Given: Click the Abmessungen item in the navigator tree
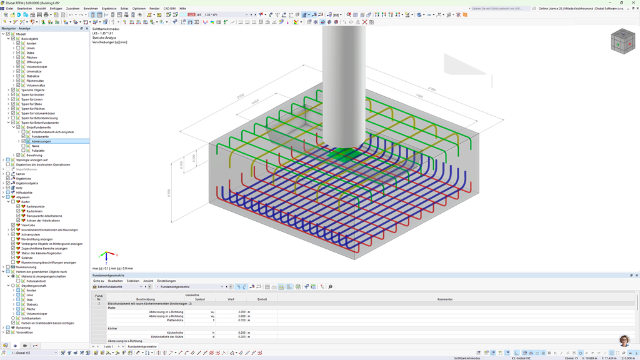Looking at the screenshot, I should (x=41, y=141).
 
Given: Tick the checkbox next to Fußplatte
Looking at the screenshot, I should (x=24, y=151).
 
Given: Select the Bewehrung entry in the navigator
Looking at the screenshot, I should (x=34, y=155).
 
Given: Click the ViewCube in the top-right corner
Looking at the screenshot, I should (x=622, y=42).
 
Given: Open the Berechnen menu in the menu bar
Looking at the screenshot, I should (x=91, y=9).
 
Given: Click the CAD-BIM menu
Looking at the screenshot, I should (x=169, y=9).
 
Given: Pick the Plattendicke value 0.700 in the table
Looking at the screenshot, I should (x=241, y=320).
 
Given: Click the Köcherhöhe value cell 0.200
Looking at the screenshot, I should (x=241, y=332).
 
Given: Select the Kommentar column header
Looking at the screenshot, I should (x=444, y=299).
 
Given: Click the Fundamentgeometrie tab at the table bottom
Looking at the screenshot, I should (x=142, y=346).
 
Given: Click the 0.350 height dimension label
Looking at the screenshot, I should (x=169, y=193).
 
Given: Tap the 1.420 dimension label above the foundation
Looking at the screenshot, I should (x=419, y=96).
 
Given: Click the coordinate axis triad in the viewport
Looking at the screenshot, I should (x=107, y=256).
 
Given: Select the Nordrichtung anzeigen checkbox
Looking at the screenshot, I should (x=13, y=239).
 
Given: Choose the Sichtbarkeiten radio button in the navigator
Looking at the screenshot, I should (x=13, y=318).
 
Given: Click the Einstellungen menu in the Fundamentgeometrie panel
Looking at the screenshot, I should (x=166, y=281).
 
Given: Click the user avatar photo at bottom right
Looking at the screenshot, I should (x=624, y=340).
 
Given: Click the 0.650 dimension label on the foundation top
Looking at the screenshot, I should (x=255, y=101).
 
